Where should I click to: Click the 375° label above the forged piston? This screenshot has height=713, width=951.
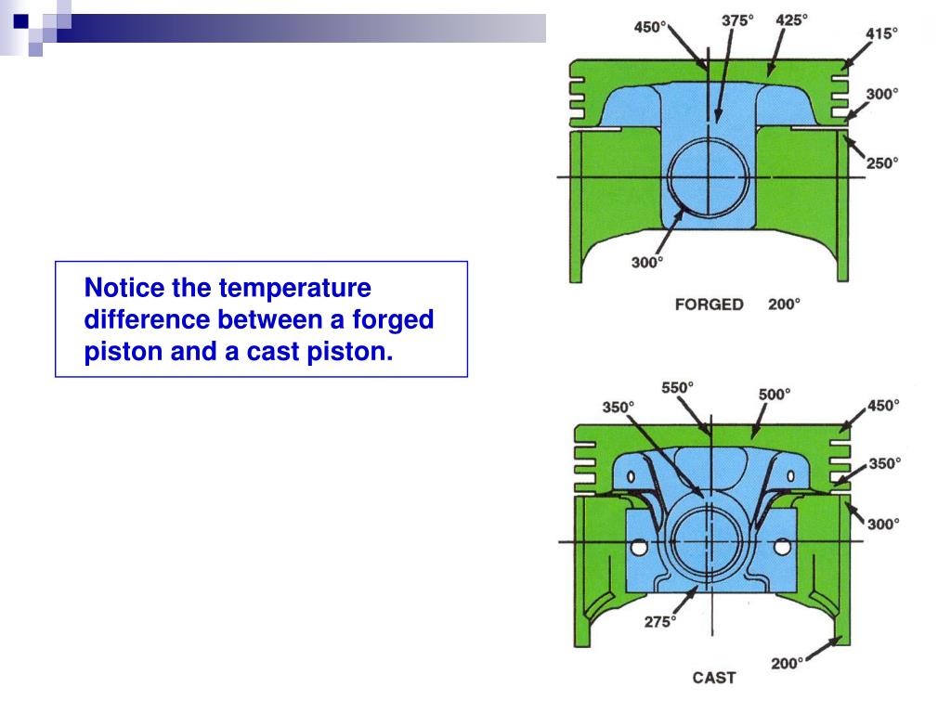click(739, 20)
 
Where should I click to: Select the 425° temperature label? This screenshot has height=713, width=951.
click(791, 20)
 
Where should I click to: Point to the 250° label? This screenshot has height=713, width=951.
click(883, 163)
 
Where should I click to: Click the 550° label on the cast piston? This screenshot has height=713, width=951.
click(677, 387)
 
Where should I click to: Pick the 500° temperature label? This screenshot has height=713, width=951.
click(775, 394)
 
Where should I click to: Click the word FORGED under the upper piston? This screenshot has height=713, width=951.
click(709, 305)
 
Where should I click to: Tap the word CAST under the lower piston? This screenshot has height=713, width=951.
click(713, 678)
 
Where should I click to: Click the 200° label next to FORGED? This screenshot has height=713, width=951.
click(784, 305)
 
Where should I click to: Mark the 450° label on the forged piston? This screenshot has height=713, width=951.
click(650, 27)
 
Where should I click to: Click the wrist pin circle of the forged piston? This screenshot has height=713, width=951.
click(709, 177)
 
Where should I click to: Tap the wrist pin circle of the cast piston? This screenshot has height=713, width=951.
click(709, 541)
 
